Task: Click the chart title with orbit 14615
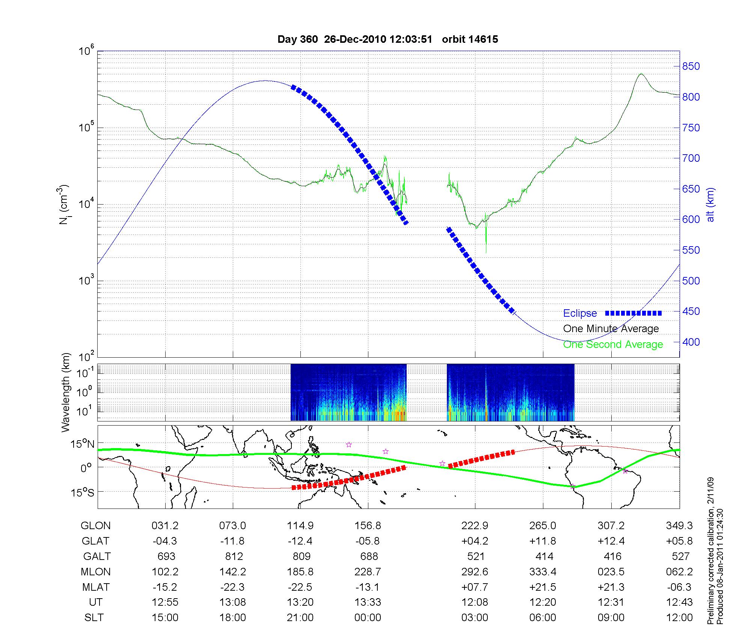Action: (388, 39)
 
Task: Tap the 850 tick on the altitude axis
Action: (691, 66)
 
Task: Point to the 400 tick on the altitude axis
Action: (691, 342)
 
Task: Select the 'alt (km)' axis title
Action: (710, 205)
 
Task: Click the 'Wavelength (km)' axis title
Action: (66, 392)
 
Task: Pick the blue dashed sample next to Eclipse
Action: (633, 313)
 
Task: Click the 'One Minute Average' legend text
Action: (611, 329)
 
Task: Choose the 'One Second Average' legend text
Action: (613, 345)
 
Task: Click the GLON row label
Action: (95, 526)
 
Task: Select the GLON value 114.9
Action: (300, 526)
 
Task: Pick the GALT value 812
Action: (234, 556)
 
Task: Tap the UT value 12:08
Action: (475, 602)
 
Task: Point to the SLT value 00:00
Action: (368, 618)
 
